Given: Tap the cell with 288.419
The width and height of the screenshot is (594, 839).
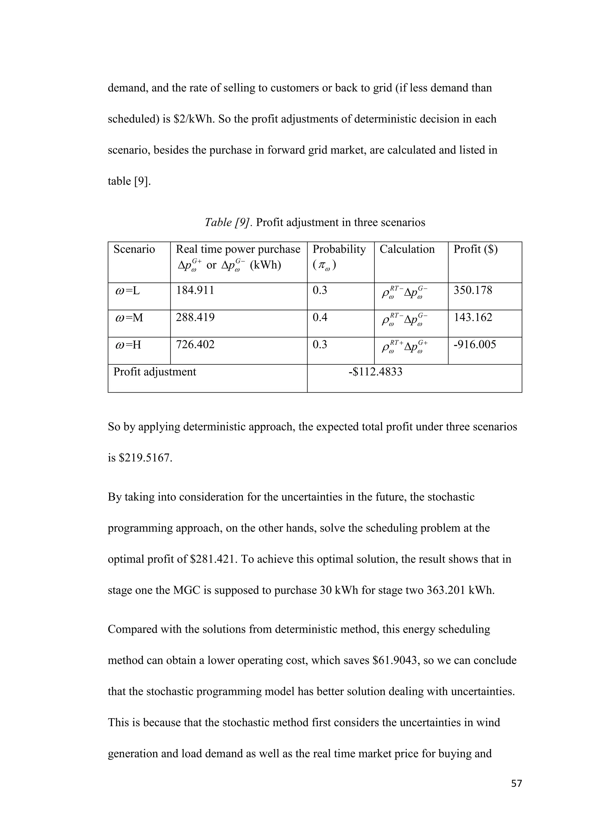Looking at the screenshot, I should pos(195,318).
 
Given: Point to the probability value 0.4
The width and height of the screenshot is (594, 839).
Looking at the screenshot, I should pos(320,318).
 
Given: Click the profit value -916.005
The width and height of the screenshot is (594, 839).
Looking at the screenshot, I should pos(475,344).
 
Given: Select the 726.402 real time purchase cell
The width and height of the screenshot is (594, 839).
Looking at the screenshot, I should pos(195,344).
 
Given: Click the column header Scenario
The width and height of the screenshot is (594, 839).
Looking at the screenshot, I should pos(134,249).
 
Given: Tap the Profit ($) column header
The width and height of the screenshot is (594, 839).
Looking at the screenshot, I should pos(475,249).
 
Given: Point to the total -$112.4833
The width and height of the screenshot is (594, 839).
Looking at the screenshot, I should pos(375,372).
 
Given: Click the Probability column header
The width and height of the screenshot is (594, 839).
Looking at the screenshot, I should pos(339,249).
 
